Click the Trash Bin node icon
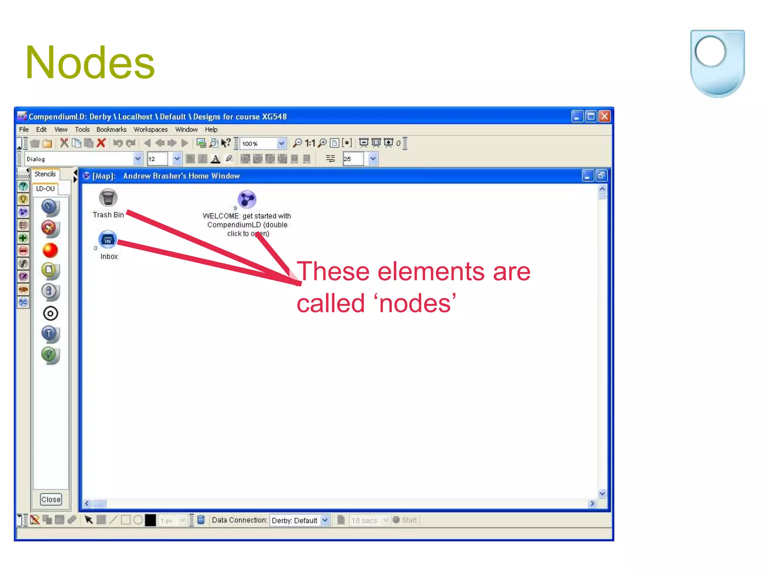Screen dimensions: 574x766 pos(108,198)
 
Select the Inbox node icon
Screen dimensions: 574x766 pos(108,240)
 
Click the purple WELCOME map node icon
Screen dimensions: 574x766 pos(247,199)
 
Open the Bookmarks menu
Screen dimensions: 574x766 pos(111,129)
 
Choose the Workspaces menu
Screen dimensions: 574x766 pos(150,129)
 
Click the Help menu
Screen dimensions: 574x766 pos(211,129)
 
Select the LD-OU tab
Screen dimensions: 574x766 pos(45,189)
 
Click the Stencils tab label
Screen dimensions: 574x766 pos(45,174)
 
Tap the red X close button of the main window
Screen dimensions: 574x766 pos(604,117)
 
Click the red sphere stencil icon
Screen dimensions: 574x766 pos(50,250)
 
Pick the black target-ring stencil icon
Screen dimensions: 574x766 pos(50,314)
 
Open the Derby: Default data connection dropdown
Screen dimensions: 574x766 pos(299,520)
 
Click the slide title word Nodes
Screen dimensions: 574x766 pos(90,62)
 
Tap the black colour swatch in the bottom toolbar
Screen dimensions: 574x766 pos(150,520)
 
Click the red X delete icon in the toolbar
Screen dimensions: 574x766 pos(101,143)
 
